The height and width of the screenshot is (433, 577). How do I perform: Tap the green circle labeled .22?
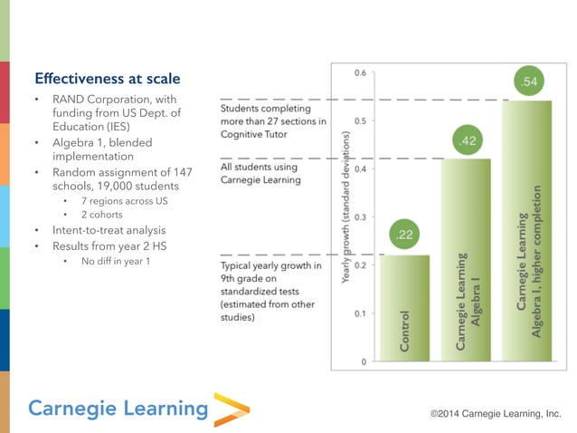(404, 236)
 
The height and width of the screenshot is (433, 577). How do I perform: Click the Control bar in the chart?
(404, 308)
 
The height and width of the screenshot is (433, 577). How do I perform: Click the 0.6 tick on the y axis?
(360, 72)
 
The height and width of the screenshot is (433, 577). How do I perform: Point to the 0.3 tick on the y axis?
(360, 217)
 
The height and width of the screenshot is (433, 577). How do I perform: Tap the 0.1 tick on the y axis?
(360, 313)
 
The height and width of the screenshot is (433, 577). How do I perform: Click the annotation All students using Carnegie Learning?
(260, 173)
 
